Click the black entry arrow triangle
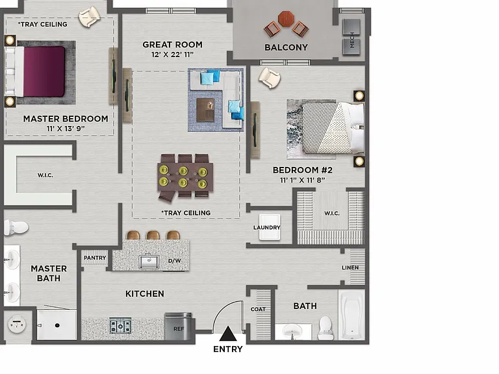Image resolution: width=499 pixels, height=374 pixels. click(x=228, y=334)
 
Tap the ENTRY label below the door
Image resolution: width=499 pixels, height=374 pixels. click(x=228, y=349)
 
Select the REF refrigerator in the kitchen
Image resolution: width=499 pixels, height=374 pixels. click(x=178, y=327)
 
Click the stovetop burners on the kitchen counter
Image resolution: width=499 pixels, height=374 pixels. click(x=120, y=326)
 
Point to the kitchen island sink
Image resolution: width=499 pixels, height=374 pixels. click(x=149, y=262)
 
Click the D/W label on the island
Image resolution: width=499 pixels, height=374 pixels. click(x=174, y=261)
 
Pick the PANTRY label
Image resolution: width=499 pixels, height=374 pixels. click(x=95, y=258)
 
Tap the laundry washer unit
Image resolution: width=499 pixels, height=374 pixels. click(x=270, y=227)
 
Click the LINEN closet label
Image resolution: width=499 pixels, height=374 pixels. click(x=350, y=268)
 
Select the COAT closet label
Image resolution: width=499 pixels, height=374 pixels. click(x=258, y=309)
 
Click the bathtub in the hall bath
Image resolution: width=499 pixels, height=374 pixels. click(x=352, y=315)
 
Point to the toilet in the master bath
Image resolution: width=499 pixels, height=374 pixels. click(x=16, y=228)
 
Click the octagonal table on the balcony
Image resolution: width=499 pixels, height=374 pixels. click(x=286, y=19)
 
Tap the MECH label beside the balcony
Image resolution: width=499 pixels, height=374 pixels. click(x=352, y=40)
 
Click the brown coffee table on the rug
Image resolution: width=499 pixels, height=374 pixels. click(x=205, y=110)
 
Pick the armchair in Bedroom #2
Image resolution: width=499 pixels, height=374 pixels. click(x=269, y=78)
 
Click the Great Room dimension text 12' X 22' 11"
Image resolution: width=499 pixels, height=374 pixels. click(x=172, y=55)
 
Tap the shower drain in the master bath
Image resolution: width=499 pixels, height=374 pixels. click(x=57, y=325)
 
